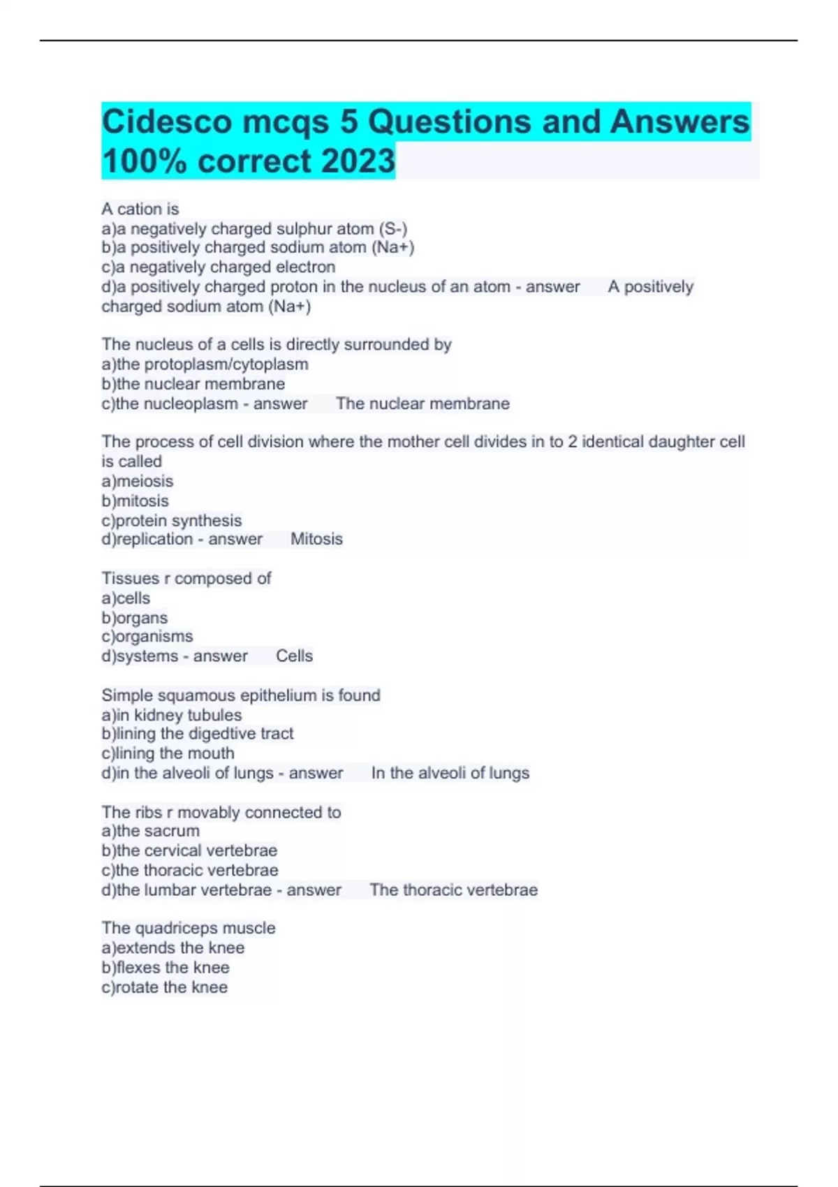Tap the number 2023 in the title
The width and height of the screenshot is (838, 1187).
(357, 161)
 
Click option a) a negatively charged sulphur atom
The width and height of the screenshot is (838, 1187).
(254, 228)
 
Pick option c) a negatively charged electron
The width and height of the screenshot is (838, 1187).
(218, 267)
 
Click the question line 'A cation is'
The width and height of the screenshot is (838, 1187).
(140, 209)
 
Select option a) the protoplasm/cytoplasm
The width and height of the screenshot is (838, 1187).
(205, 364)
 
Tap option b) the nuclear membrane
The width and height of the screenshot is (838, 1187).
(193, 383)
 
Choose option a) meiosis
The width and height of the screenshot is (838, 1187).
(137, 481)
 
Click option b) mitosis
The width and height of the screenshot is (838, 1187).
(135, 501)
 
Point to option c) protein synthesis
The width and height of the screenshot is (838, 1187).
(171, 520)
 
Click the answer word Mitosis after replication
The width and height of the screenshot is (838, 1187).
(316, 539)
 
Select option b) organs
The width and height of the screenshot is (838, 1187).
(134, 617)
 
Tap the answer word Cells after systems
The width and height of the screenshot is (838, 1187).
(294, 656)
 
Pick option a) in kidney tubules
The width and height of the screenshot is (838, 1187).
(171, 714)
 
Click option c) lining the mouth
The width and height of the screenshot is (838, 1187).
(168, 753)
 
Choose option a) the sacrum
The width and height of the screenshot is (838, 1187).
(150, 831)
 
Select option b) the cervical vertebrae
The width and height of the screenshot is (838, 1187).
(189, 850)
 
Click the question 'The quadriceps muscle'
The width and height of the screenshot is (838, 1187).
(188, 928)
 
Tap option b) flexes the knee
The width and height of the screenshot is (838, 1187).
(165, 967)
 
